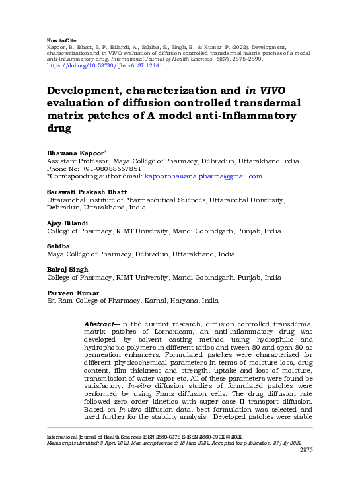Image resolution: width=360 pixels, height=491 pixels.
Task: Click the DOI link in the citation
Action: click(x=104, y=66)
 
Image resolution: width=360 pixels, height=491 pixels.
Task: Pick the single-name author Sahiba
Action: click(x=56, y=246)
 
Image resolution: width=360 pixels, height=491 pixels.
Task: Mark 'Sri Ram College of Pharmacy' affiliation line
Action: click(x=92, y=301)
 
